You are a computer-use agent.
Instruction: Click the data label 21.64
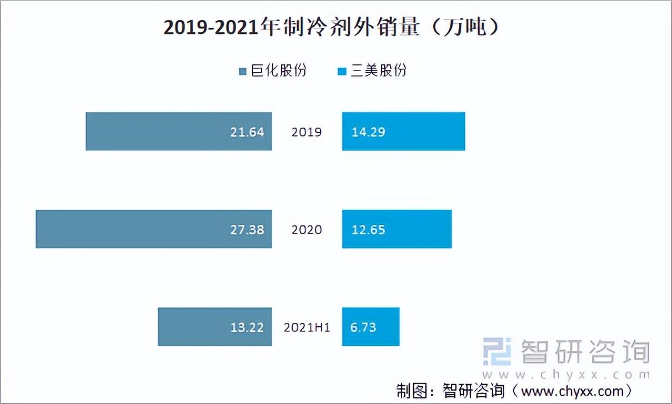(247, 132)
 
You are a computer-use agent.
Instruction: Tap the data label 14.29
(368, 132)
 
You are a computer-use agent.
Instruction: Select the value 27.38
(247, 230)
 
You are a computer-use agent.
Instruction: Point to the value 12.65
(368, 230)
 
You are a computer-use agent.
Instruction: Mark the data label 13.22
(247, 327)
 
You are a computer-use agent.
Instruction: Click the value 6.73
(363, 327)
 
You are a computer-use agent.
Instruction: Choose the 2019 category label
(307, 132)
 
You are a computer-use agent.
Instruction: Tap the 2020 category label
(307, 230)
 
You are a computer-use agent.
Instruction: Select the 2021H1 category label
(307, 327)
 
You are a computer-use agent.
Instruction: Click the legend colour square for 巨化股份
(243, 72)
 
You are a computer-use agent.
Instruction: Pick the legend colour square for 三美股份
(342, 72)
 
